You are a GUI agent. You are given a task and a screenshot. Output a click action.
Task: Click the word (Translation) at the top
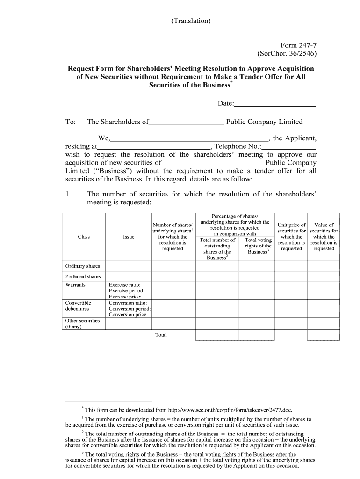click(x=191, y=21)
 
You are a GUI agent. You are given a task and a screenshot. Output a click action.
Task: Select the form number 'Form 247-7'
click(x=298, y=45)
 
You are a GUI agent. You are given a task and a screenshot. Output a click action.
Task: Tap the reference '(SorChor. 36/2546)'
click(x=287, y=53)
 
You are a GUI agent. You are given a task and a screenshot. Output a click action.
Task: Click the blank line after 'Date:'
click(x=274, y=103)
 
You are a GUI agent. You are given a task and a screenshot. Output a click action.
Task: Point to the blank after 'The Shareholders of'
click(x=186, y=123)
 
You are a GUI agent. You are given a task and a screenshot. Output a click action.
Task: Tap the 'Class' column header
click(x=84, y=237)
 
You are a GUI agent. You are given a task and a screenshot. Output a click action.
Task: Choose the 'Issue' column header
click(x=129, y=237)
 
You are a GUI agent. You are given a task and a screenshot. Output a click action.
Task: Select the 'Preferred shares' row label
click(x=83, y=276)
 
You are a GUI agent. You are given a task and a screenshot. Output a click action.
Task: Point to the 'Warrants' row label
click(x=75, y=285)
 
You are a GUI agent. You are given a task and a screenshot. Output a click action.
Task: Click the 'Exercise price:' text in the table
click(x=125, y=297)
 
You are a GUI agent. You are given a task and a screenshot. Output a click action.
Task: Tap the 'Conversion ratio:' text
click(x=128, y=303)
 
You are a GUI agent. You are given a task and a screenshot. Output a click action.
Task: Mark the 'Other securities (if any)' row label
click(x=82, y=324)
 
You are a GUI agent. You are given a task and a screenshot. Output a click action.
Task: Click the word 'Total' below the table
click(x=160, y=335)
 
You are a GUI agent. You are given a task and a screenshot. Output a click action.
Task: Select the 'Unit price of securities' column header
click(x=291, y=237)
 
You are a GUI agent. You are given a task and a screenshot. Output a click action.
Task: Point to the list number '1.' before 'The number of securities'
click(x=68, y=194)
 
